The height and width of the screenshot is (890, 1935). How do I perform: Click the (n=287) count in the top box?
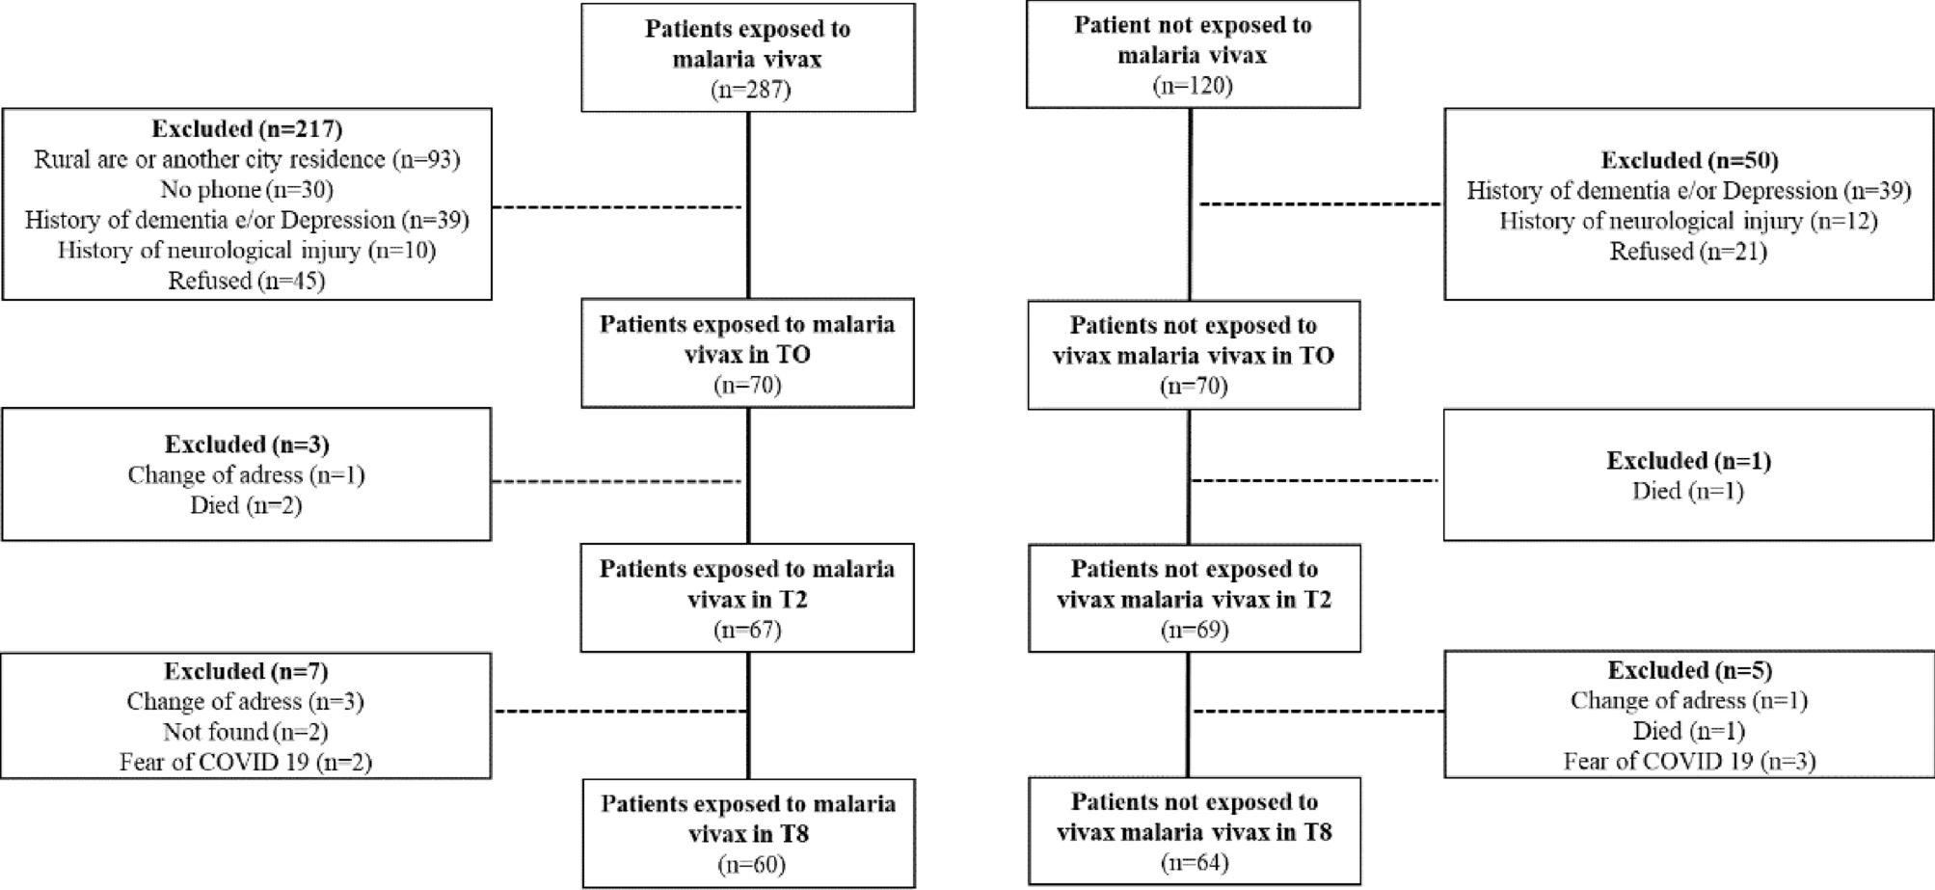pos(747,90)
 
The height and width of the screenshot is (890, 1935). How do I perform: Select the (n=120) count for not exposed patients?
pos(1193,86)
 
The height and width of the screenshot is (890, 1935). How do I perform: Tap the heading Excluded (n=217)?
pos(247,128)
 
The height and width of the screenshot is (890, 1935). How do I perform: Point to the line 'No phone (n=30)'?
pos(247,189)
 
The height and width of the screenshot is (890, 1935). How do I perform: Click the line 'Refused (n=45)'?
pos(247,281)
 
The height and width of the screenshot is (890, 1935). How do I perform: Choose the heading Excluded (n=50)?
pos(1689,160)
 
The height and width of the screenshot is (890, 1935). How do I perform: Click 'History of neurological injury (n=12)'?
pos(1689,221)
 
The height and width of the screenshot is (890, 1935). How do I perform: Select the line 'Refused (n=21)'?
pos(1689,252)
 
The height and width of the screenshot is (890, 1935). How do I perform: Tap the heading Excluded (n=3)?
pos(247,445)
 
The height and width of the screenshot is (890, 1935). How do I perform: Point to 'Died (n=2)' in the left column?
pos(247,505)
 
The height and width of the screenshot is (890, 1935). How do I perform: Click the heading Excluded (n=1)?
pos(1689,461)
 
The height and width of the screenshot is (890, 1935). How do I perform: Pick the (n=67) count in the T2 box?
pos(747,630)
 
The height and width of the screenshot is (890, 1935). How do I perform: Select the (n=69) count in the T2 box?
pos(1194,630)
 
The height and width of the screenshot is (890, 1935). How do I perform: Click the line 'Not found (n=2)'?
pos(247,732)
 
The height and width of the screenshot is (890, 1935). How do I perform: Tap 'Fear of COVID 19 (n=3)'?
pos(1689,762)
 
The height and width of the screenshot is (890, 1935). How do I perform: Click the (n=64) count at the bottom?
pos(1194,862)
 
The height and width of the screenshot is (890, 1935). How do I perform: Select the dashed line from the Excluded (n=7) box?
pos(620,712)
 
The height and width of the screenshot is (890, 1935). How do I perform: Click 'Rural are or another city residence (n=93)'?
pos(247,159)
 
